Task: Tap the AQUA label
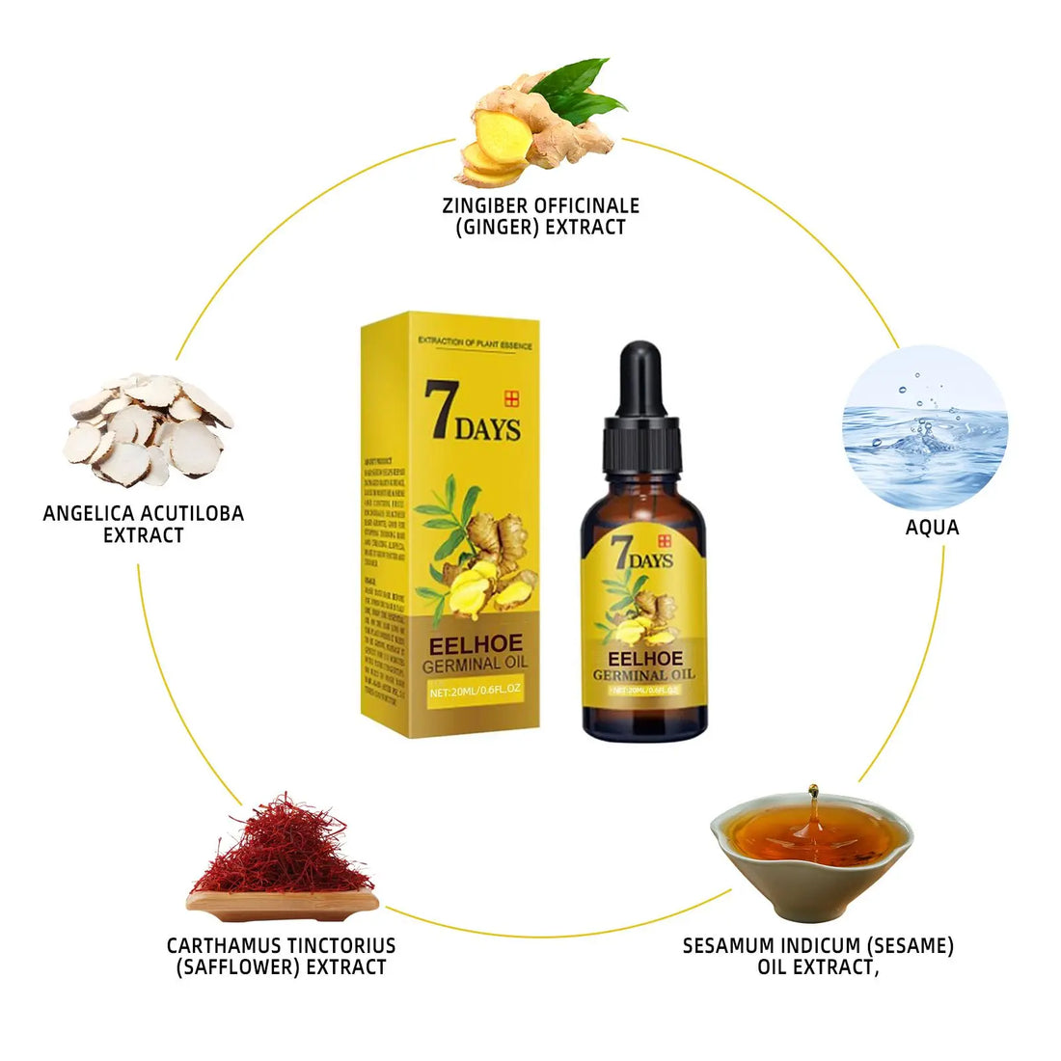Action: coord(932,528)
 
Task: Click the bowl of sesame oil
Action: coord(811,849)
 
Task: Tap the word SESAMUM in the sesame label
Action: coord(730,946)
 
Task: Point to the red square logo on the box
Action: coord(510,398)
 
